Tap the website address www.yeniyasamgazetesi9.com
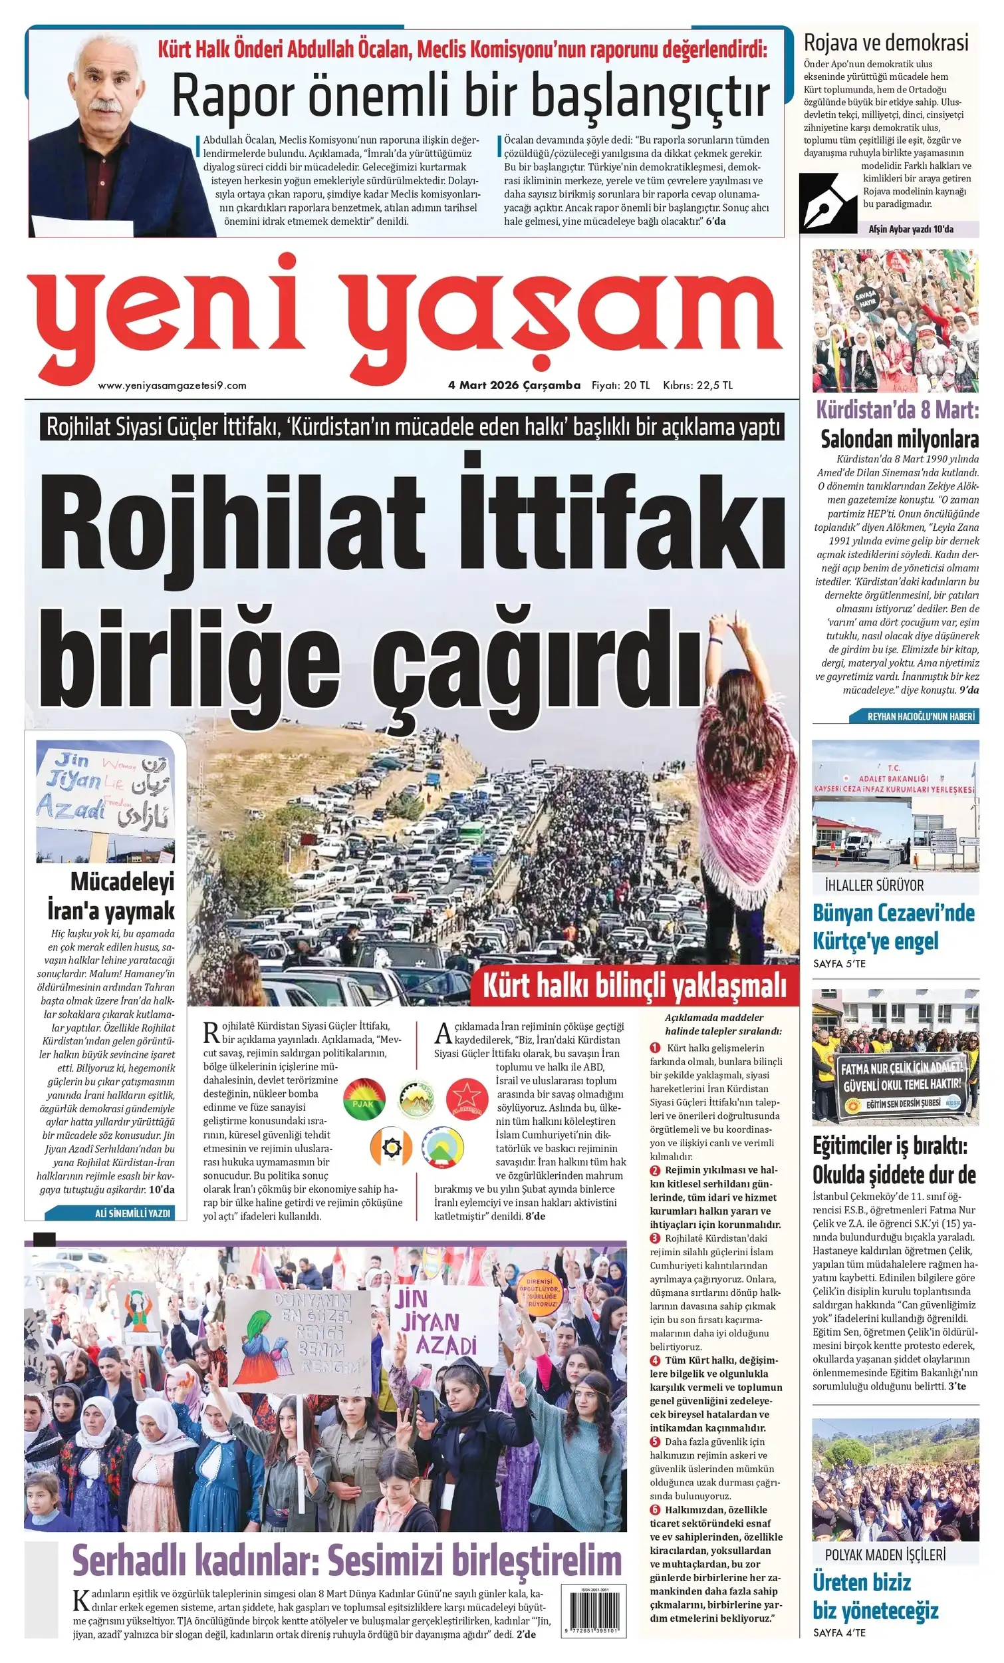172,386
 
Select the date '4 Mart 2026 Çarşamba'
514,385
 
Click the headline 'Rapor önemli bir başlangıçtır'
470,96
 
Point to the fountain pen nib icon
827,202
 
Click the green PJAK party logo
364,1098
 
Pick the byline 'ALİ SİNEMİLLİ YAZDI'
132,1213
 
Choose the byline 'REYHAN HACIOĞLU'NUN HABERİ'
920,717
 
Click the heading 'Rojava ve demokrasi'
885,43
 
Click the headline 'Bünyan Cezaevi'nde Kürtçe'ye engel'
894,927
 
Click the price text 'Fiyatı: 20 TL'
621,385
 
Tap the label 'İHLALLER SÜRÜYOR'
874,885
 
